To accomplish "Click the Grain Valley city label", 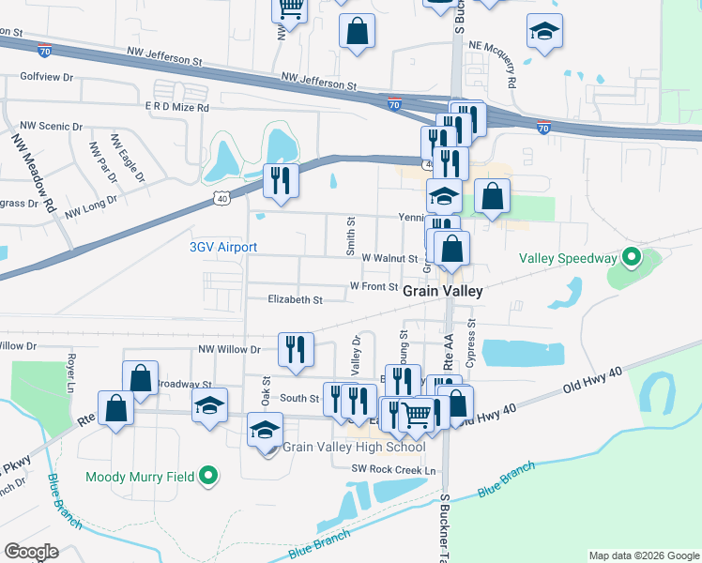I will [443, 292].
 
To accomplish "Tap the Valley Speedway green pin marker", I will [632, 256].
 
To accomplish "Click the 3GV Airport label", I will [223, 248].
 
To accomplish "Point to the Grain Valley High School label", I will [346, 447].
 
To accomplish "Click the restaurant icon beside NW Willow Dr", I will [296, 349].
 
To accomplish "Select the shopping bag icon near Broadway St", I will [140, 378].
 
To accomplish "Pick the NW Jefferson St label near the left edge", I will [9, 32].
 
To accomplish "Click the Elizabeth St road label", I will [295, 300].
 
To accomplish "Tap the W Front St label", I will [374, 286].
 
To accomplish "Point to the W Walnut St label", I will [389, 257].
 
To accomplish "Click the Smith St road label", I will [349, 236].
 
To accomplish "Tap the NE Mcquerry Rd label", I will [494, 65].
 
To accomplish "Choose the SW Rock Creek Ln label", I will [394, 469].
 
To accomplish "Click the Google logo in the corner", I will [30, 552].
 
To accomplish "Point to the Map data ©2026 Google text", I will [643, 555].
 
